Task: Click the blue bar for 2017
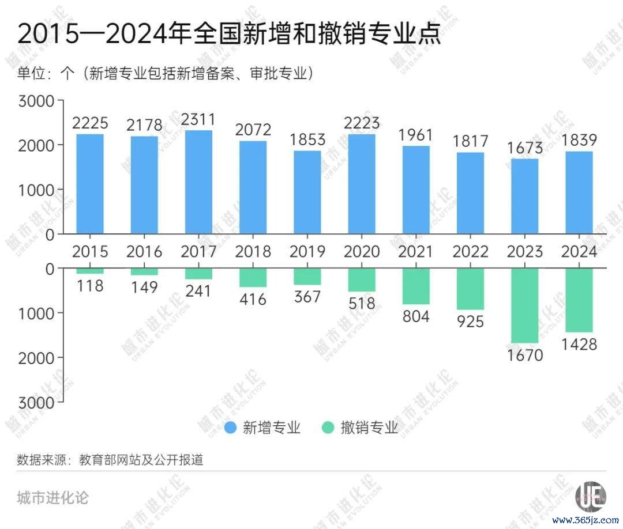tap(198, 182)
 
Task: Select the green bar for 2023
tap(525, 305)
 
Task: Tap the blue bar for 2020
tap(362, 184)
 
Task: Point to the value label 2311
tap(198, 120)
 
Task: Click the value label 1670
tap(525, 355)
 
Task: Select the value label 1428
tap(579, 345)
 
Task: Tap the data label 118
tap(90, 285)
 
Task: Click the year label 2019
tap(307, 252)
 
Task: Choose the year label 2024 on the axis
tap(579, 252)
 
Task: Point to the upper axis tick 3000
tap(36, 101)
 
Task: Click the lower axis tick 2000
tap(36, 357)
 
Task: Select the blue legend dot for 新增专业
tap(231, 428)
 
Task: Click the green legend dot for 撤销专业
tap(328, 428)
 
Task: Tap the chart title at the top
tap(229, 35)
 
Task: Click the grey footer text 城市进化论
tap(53, 497)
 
